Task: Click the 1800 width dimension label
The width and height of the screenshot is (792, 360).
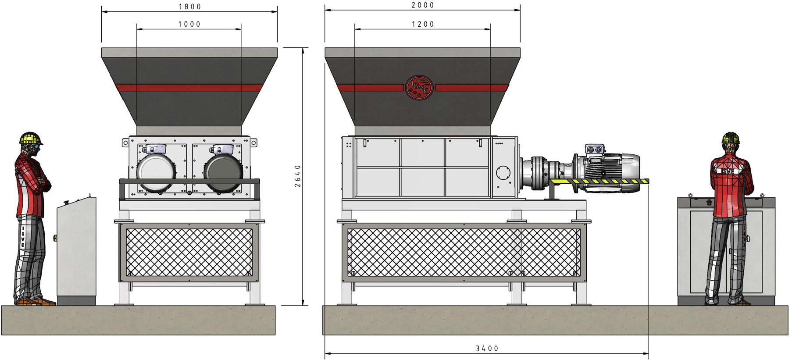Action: [x=190, y=7]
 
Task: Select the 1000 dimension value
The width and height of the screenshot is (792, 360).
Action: [x=189, y=24]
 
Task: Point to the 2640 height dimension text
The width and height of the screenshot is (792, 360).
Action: [x=298, y=176]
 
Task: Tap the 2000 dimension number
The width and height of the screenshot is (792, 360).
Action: [x=423, y=5]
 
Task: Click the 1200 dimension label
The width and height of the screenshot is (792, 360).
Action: [x=423, y=24]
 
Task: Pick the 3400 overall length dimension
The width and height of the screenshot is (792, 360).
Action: [x=487, y=349]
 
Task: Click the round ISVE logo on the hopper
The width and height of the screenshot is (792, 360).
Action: [x=419, y=88]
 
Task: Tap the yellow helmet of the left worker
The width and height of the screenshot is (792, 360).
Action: [x=30, y=138]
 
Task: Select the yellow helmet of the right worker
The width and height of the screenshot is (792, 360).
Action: [x=730, y=138]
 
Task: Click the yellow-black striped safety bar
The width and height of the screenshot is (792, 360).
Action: [x=599, y=181]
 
